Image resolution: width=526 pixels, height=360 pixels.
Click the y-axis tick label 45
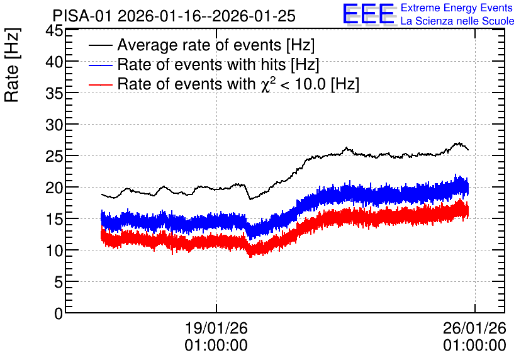(54, 31)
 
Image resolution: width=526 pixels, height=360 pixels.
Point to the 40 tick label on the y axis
(54, 62)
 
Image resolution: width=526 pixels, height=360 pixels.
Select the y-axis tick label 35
(54, 93)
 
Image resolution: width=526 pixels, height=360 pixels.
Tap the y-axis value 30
(54, 125)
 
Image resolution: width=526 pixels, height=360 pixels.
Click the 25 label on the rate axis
(54, 156)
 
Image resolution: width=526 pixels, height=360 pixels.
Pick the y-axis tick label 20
(54, 188)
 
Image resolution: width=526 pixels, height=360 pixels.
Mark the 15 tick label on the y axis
(54, 220)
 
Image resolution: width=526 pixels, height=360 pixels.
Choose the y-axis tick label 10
(54, 250)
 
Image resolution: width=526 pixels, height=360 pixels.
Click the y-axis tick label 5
(59, 282)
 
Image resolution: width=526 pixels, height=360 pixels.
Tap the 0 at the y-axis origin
(59, 313)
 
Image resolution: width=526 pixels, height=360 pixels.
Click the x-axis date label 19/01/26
(216, 328)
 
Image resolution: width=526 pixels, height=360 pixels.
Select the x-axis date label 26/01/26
(474, 328)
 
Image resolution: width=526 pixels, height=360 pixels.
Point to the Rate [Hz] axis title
(12, 65)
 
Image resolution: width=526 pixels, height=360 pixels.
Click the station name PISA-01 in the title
(82, 16)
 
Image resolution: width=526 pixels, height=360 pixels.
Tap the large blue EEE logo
(369, 14)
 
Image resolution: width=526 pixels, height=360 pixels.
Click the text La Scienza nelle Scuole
(457, 21)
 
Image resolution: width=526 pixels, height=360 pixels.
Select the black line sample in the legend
(100, 45)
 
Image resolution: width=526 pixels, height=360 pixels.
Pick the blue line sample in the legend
(100, 65)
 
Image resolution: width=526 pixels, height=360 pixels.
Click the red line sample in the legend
(100, 84)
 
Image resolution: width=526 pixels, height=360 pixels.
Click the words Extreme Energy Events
(457, 8)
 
